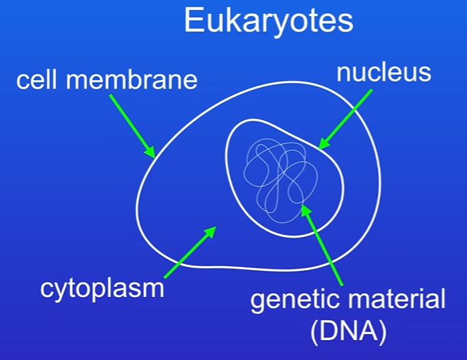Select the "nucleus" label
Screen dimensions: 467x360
[x=384, y=72]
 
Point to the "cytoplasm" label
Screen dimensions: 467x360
[x=102, y=289]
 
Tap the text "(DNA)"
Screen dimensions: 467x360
[x=349, y=331]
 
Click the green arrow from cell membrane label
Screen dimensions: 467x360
[x=132, y=126]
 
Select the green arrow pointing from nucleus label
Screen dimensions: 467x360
[x=345, y=119]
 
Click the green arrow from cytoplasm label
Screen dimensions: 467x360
[x=190, y=252]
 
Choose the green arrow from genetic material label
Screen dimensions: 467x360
[x=322, y=245]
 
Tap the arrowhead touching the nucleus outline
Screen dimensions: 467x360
[x=323, y=144]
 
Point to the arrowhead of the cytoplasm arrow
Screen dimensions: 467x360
[x=210, y=232]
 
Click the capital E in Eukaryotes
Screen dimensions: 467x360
[x=194, y=20]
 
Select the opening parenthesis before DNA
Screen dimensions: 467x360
[x=315, y=332]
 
